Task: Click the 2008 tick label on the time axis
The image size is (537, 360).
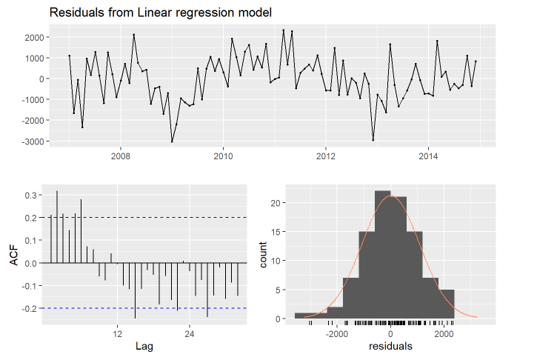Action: pos(121,156)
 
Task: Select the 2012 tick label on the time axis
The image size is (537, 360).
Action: pos(326,156)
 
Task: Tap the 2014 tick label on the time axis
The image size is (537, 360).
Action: pos(429,156)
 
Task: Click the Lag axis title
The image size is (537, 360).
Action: pos(144,346)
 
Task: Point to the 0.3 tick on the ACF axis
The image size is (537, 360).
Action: pos(32,196)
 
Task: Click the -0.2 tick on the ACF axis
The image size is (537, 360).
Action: pos(30,308)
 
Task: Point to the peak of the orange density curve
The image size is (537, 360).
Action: pos(391,196)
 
